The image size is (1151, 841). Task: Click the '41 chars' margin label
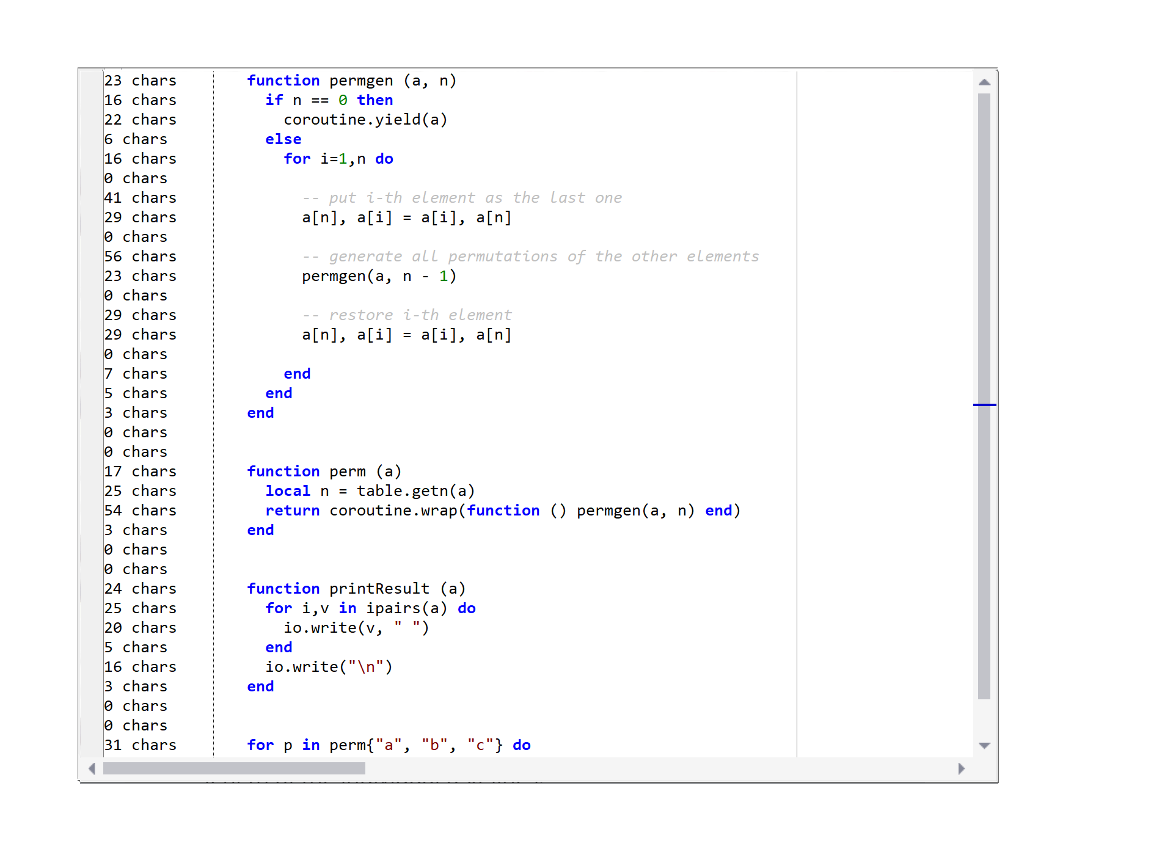tap(140, 198)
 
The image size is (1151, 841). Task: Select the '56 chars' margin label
tap(140, 257)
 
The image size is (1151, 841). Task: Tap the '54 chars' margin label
tap(140, 511)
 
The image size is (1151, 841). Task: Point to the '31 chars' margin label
tap(140, 745)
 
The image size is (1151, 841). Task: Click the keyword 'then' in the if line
tap(375, 100)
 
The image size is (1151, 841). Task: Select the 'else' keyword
tap(283, 139)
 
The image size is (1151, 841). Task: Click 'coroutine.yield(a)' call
tap(365, 120)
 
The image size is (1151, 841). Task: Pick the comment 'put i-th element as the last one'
tap(462, 198)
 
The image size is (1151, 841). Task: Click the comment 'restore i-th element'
tap(407, 315)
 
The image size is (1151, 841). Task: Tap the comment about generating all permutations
tap(530, 257)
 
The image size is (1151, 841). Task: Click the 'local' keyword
tap(288, 491)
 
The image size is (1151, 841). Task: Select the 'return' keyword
tap(292, 511)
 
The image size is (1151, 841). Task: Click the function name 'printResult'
tap(379, 589)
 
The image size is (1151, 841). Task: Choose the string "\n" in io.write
tap(365, 667)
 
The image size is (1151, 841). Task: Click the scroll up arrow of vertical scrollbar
tap(984, 82)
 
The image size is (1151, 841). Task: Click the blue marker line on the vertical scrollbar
tap(984, 404)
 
